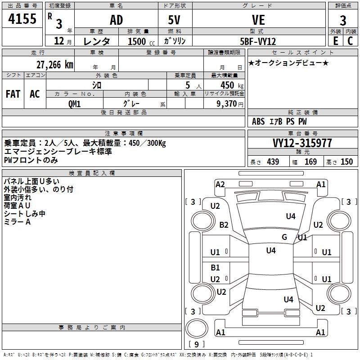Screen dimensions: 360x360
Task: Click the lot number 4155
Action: tap(22, 18)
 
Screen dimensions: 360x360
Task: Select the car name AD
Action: tap(117, 20)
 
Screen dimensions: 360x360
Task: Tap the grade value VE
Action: tap(258, 20)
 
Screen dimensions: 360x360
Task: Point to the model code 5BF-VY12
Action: tap(258, 41)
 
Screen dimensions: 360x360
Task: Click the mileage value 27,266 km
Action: tap(55, 65)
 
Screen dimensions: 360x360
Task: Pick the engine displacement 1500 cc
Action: tap(141, 41)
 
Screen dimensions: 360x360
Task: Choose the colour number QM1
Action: tap(74, 104)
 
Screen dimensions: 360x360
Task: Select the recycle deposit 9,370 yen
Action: tap(230, 104)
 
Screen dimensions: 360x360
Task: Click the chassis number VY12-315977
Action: tap(302, 143)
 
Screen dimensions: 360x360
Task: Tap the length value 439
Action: tap(273, 162)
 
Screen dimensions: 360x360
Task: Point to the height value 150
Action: tap(346, 162)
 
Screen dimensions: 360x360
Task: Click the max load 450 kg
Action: tap(232, 85)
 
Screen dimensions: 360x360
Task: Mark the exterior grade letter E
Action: tap(335, 41)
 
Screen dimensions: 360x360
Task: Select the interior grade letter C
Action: tap(350, 41)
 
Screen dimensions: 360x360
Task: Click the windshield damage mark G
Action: tap(284, 237)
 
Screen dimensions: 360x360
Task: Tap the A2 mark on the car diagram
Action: tap(220, 184)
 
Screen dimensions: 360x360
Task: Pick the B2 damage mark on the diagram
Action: tap(224, 225)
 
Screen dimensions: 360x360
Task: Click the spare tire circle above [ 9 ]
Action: tap(197, 328)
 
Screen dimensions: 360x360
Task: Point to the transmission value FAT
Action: tap(13, 94)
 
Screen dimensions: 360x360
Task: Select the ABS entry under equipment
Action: tap(258, 121)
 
